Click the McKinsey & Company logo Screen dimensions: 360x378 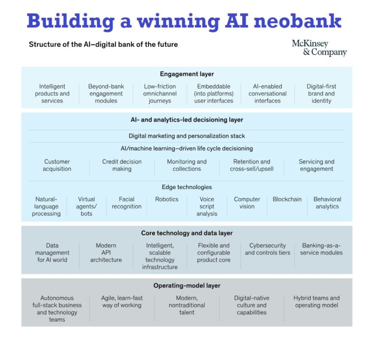(x=319, y=48)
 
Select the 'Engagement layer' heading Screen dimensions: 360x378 (x=187, y=74)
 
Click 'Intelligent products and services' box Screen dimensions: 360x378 (x=52, y=94)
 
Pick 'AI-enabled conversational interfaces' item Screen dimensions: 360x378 (x=267, y=94)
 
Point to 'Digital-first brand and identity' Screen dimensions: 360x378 (x=321, y=94)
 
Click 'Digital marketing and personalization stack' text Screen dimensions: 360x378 (x=187, y=136)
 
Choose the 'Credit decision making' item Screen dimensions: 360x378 (x=122, y=165)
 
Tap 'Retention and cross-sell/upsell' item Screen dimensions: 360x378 (x=252, y=165)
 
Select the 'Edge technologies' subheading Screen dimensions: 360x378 (x=187, y=187)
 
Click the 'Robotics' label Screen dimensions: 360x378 (x=167, y=199)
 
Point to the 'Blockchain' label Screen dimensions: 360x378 (x=287, y=199)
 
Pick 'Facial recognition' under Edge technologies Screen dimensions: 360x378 (x=126, y=203)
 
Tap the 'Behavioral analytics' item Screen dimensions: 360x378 (x=327, y=203)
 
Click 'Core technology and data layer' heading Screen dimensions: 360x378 (x=187, y=233)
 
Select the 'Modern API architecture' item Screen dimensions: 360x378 (x=106, y=253)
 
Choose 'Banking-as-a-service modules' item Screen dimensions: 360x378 (x=321, y=249)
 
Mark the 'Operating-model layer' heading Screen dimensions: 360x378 (x=187, y=286)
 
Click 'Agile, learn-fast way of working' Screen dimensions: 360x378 (x=122, y=301)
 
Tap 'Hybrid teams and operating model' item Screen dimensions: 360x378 (x=316, y=301)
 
